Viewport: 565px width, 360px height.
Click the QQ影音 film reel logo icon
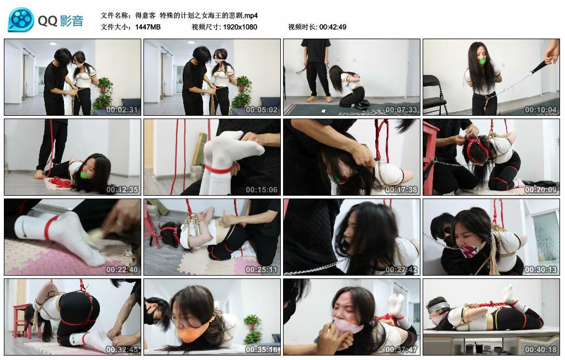point(21,20)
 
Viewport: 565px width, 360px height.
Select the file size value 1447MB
point(148,27)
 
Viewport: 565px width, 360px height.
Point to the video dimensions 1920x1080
point(240,27)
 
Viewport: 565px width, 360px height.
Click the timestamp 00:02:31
point(122,110)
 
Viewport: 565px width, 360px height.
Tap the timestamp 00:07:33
point(402,110)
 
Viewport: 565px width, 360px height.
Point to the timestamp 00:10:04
point(541,110)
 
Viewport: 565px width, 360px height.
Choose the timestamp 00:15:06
point(262,190)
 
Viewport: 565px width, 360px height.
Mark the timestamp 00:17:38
point(402,190)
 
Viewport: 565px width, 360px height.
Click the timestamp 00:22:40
point(122,270)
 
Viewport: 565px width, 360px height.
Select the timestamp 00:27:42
point(402,270)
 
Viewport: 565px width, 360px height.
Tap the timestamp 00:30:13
point(541,270)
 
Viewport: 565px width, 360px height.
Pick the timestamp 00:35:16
point(262,350)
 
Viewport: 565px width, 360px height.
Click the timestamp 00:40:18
point(541,350)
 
